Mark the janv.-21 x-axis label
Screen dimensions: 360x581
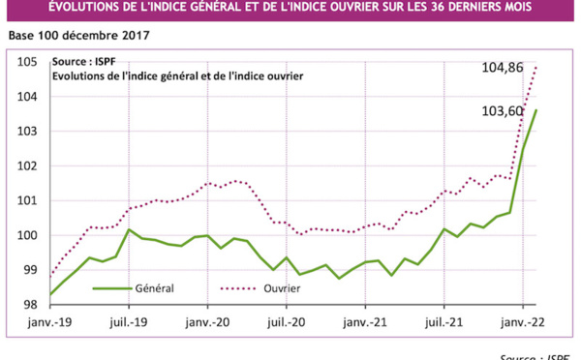click(x=366, y=320)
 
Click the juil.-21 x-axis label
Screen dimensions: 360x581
click(x=443, y=320)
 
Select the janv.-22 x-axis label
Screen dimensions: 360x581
click(x=523, y=320)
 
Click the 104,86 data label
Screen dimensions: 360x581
click(x=503, y=67)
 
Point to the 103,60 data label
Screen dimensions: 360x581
click(x=503, y=110)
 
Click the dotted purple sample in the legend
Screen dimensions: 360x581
click(x=237, y=287)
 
